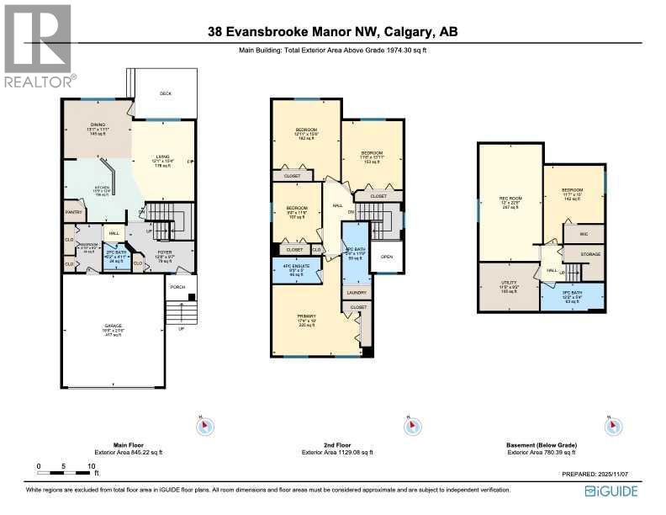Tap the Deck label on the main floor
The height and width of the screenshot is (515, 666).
pos(166,93)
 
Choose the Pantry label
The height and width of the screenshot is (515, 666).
pos(73,212)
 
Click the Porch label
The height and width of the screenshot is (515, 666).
pos(177,287)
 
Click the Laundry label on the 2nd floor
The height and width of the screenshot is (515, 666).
pos(356,293)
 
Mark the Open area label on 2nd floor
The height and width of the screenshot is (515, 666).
pos(386,257)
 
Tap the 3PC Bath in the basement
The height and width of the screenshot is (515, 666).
pos(572,295)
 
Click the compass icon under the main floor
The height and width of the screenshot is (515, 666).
pos(202,427)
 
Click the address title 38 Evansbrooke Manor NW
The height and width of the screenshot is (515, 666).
pos(333,33)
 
